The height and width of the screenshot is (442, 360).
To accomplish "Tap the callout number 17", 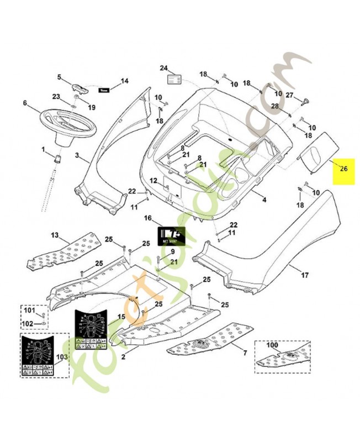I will pos(305,273).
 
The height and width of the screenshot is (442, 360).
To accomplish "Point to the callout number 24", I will pos(163,68).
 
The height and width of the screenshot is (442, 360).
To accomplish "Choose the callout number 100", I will pos(272,344).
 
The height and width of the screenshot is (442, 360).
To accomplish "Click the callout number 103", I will pos(60,357).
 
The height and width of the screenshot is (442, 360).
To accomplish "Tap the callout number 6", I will pos(25,103).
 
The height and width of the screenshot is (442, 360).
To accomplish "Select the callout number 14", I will pos(124,81).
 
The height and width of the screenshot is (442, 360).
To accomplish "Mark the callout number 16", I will pos(147,218).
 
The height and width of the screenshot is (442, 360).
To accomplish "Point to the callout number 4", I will pos(264,199).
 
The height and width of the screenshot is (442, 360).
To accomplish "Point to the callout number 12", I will pos(153,181).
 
